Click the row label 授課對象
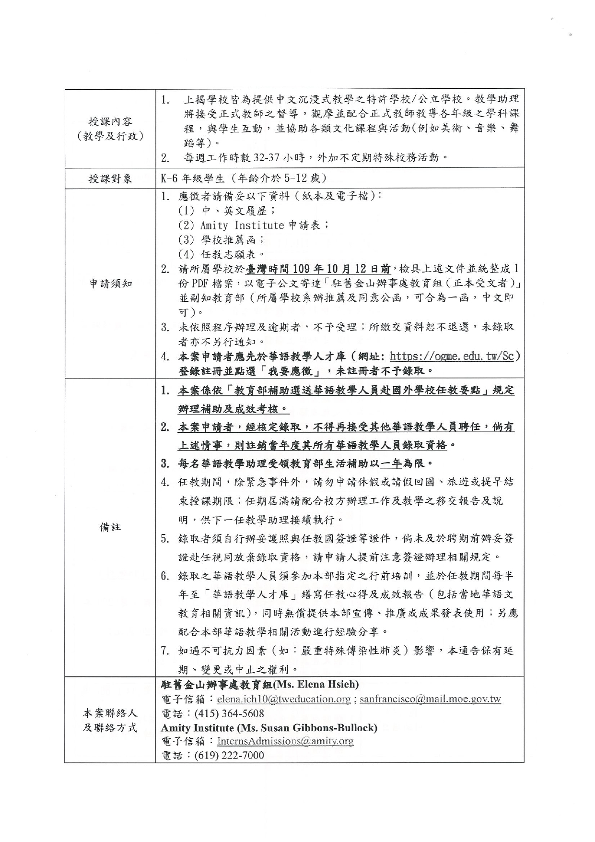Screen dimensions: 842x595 click(110, 179)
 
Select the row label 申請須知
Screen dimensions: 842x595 click(110, 284)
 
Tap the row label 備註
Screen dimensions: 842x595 click(110, 527)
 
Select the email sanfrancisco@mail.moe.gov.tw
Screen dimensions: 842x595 click(430, 699)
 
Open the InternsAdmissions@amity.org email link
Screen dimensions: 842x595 click(285, 741)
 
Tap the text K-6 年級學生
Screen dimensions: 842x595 click(193, 178)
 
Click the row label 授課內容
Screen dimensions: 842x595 click(110, 122)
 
